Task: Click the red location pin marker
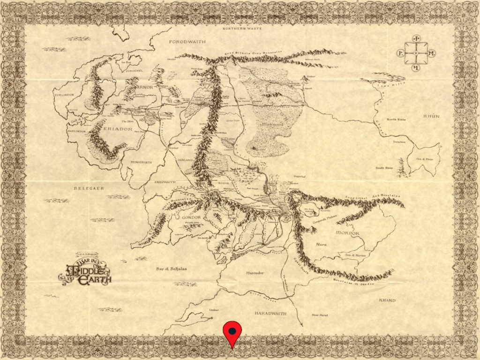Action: pyautogui.click(x=232, y=332)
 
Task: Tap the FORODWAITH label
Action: pyautogui.click(x=187, y=42)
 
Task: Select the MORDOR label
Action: pyautogui.click(x=347, y=233)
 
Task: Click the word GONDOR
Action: pyautogui.click(x=190, y=217)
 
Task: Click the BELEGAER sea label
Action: pyautogui.click(x=89, y=188)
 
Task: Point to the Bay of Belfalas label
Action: pyautogui.click(x=172, y=269)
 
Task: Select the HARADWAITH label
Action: pyautogui.click(x=270, y=313)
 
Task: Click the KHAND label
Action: pyautogui.click(x=387, y=300)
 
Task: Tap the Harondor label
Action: pyautogui.click(x=255, y=272)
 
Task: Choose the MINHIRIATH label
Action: pyautogui.click(x=141, y=162)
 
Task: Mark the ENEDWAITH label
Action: pyautogui.click(x=164, y=182)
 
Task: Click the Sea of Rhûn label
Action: pyautogui.click(x=425, y=159)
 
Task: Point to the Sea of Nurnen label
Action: pyautogui.click(x=356, y=255)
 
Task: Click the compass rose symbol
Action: pyautogui.click(x=416, y=53)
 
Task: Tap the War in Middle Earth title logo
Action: pyautogui.click(x=85, y=270)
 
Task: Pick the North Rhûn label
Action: pyautogui.click(x=396, y=120)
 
